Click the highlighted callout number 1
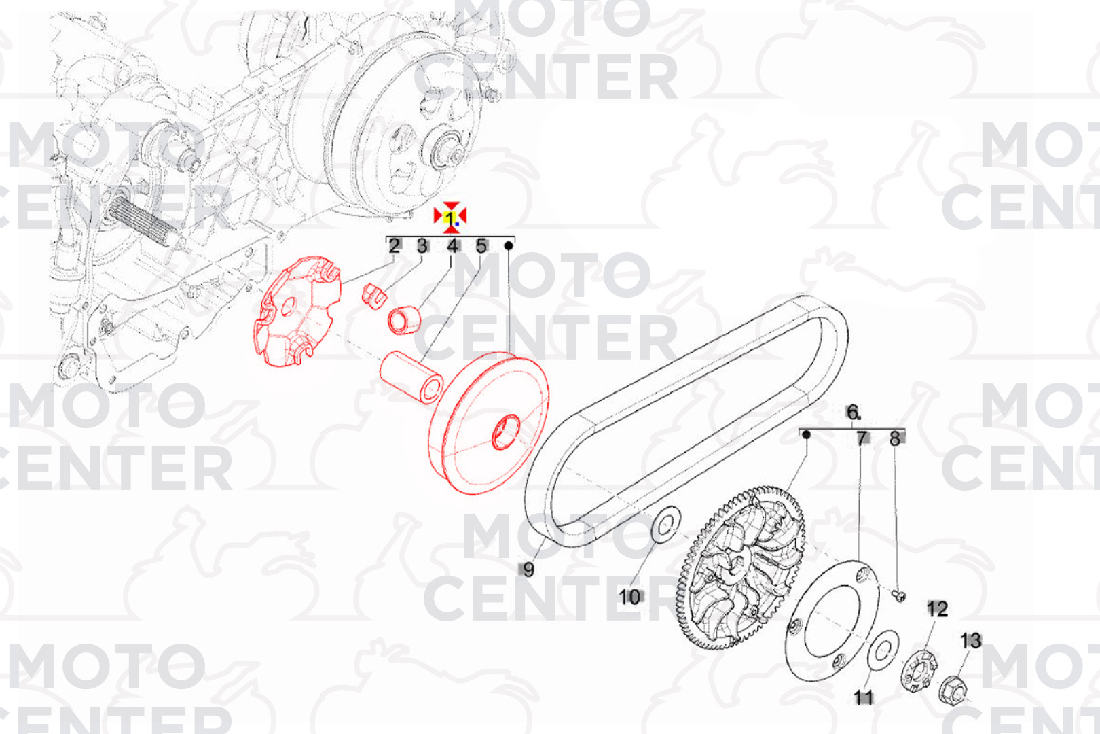(x=450, y=217)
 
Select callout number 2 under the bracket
(x=394, y=246)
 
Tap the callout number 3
(x=422, y=246)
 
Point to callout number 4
(x=453, y=246)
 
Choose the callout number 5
(x=481, y=246)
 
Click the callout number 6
(x=853, y=412)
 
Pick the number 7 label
(x=862, y=438)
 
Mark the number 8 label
(x=895, y=438)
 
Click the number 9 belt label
(x=528, y=570)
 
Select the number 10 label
(x=629, y=597)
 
